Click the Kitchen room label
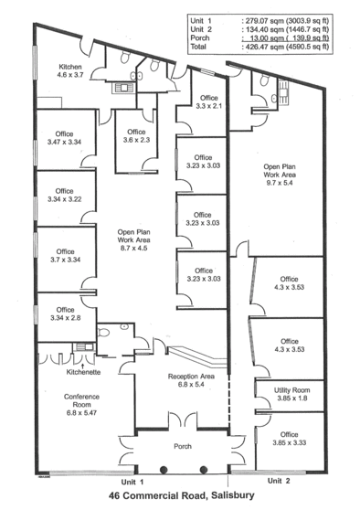pos(70,67)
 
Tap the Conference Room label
pos(81,400)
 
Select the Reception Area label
pos(191,377)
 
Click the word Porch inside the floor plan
pos(183,446)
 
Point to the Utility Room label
pos(291,390)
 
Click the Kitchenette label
pos(83,372)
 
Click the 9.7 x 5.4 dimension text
pos(280,183)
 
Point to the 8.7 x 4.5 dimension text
pos(134,249)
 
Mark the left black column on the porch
pos(164,470)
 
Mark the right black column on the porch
pos(204,470)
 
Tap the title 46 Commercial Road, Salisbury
pos(182,495)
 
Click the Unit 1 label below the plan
pos(132,482)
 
